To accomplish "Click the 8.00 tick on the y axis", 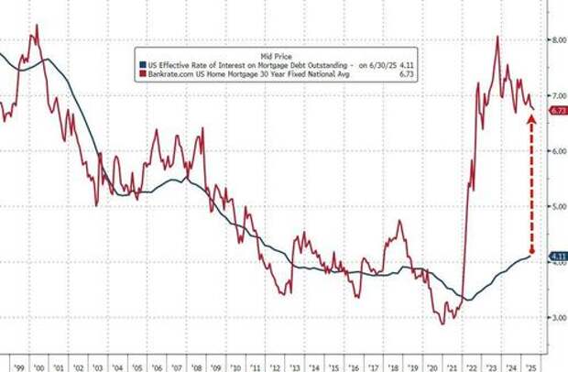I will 557,40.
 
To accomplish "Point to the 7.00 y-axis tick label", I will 557,95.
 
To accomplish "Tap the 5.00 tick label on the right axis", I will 557,206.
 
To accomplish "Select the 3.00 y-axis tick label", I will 557,318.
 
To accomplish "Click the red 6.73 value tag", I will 557,111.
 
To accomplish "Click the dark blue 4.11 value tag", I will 557,256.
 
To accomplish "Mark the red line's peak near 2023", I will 497,37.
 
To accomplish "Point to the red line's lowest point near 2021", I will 442,323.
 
